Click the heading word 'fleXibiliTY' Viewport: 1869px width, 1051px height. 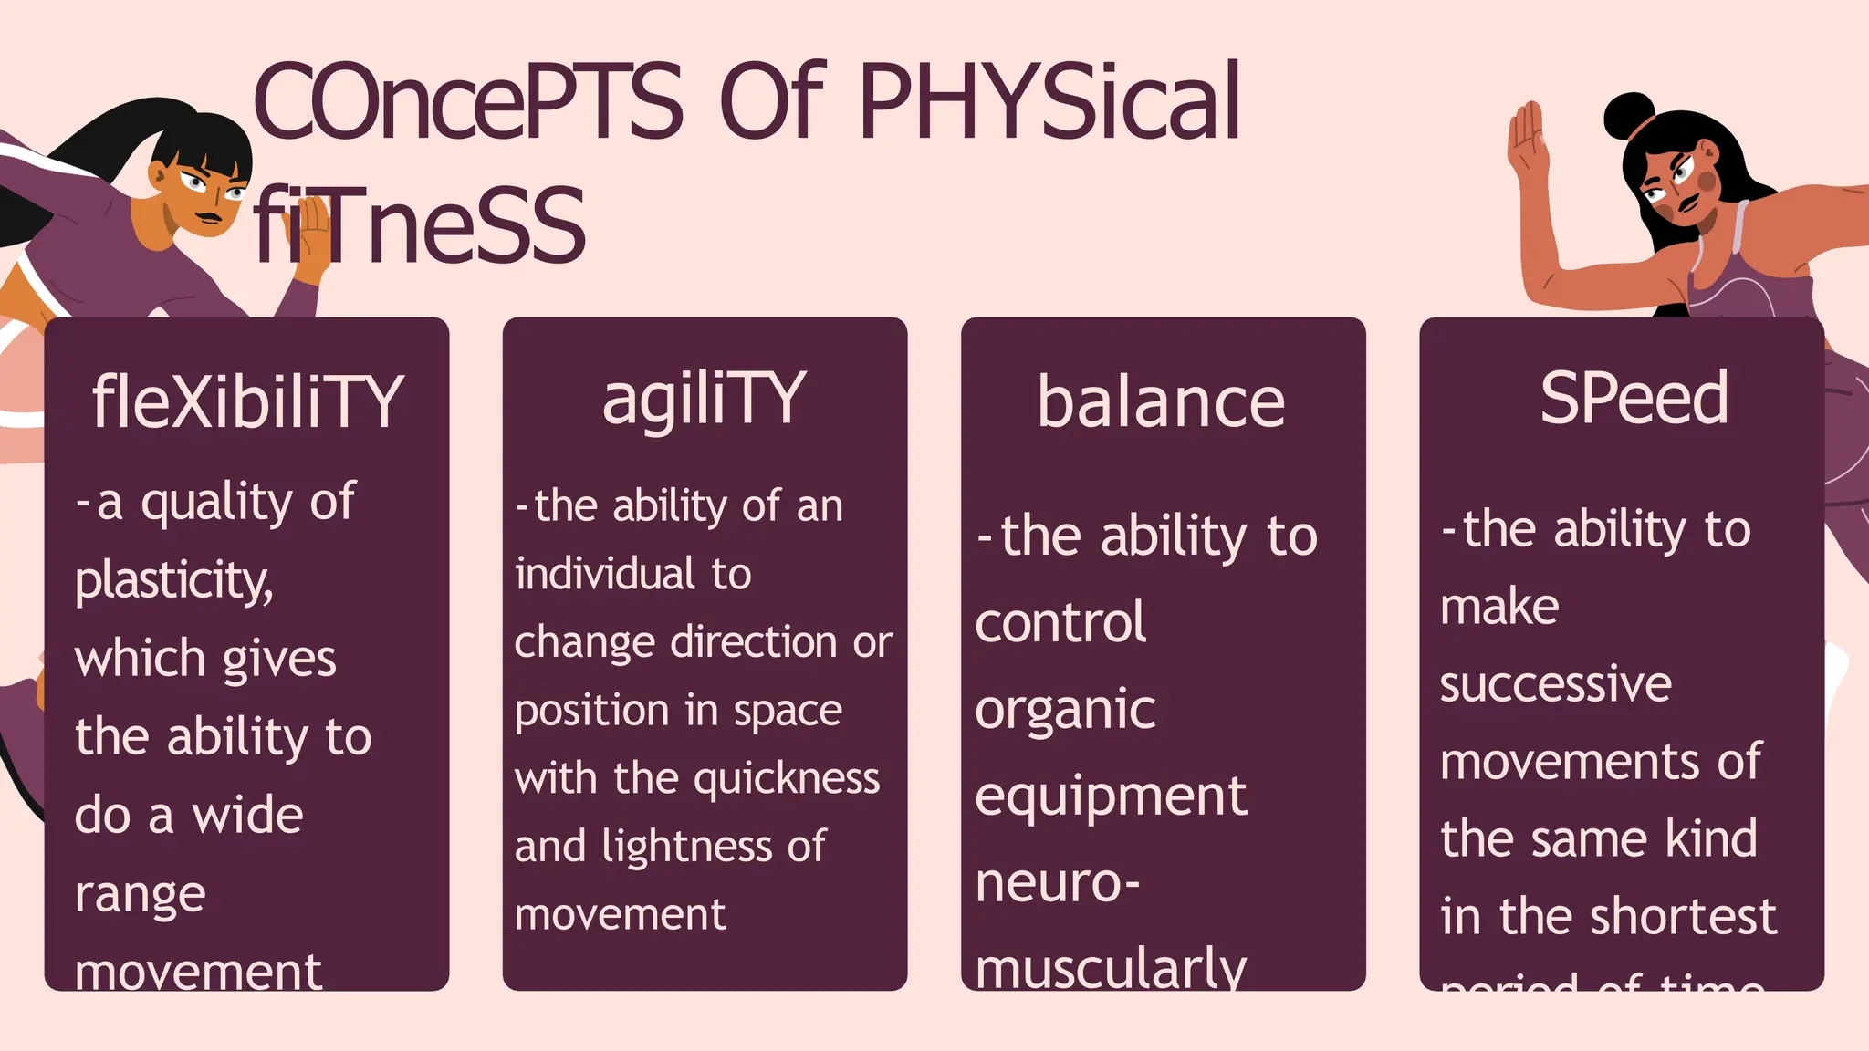(x=246, y=402)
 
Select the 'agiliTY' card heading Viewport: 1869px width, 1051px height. (x=704, y=401)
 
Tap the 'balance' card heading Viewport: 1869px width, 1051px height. (x=1161, y=402)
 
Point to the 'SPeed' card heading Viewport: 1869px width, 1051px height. (x=1634, y=399)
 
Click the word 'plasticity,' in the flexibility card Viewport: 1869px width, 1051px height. (x=173, y=581)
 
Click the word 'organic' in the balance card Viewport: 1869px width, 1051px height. (x=1065, y=711)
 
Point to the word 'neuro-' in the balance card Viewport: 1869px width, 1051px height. (x=1057, y=883)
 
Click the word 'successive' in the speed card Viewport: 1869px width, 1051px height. (x=1555, y=684)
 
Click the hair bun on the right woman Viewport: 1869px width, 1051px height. (x=1628, y=114)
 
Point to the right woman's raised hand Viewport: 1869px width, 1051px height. (x=1527, y=146)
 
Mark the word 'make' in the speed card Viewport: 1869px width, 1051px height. (x=1499, y=607)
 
